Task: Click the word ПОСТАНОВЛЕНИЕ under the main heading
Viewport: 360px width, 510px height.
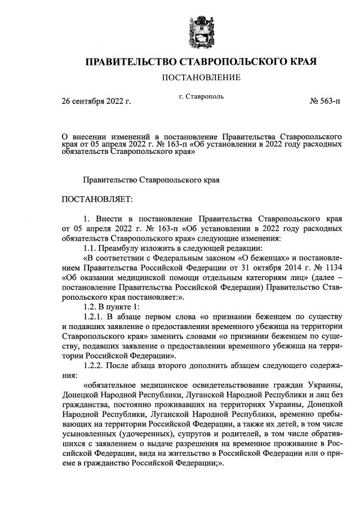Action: pos(201,77)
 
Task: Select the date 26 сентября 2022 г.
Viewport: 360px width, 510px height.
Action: pos(96,101)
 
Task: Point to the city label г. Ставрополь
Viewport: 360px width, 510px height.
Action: pos(201,96)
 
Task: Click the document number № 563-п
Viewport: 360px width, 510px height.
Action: pos(325,101)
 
